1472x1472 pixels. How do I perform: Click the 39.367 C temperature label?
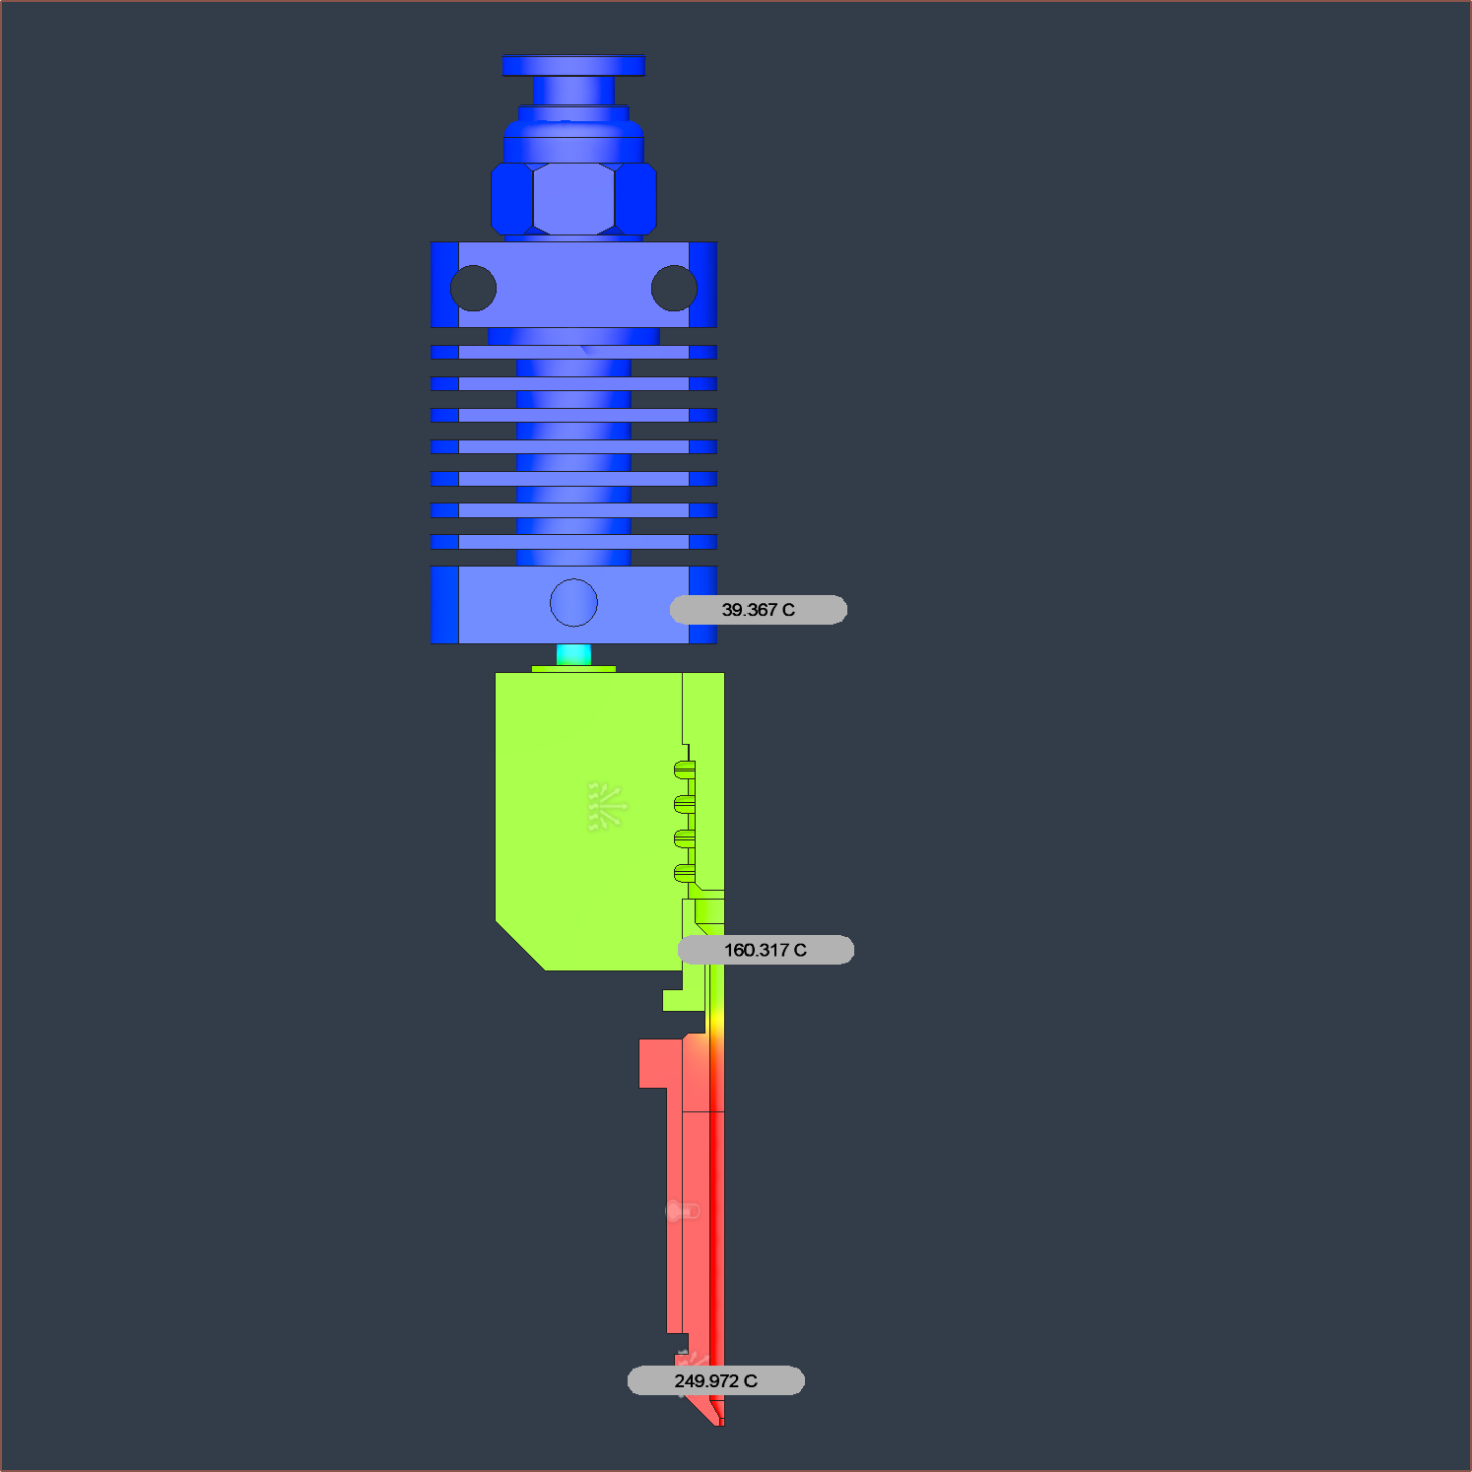(x=758, y=610)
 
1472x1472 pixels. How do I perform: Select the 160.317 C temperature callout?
(x=766, y=950)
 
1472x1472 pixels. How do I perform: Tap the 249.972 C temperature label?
(x=716, y=1380)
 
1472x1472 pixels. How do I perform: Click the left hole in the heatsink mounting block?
(x=473, y=288)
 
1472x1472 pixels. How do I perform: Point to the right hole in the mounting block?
(x=674, y=288)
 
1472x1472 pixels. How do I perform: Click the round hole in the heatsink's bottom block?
(x=573, y=602)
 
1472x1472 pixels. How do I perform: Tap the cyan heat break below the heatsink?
(x=573, y=654)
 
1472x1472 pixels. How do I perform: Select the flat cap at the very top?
(x=573, y=65)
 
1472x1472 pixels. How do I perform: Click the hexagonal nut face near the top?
(x=573, y=198)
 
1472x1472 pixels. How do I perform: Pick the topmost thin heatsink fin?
(x=573, y=352)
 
